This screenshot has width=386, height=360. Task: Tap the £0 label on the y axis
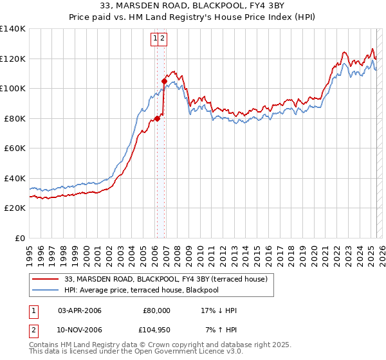tap(20, 238)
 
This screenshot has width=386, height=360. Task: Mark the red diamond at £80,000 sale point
tap(157, 118)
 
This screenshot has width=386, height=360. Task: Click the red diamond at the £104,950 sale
tap(164, 81)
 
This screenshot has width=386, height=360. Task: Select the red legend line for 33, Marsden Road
tap(45, 279)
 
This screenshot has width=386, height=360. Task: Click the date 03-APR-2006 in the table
tap(80, 310)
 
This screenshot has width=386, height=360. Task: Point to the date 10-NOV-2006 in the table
tap(80, 329)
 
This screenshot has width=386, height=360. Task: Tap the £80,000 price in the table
tap(156, 310)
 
